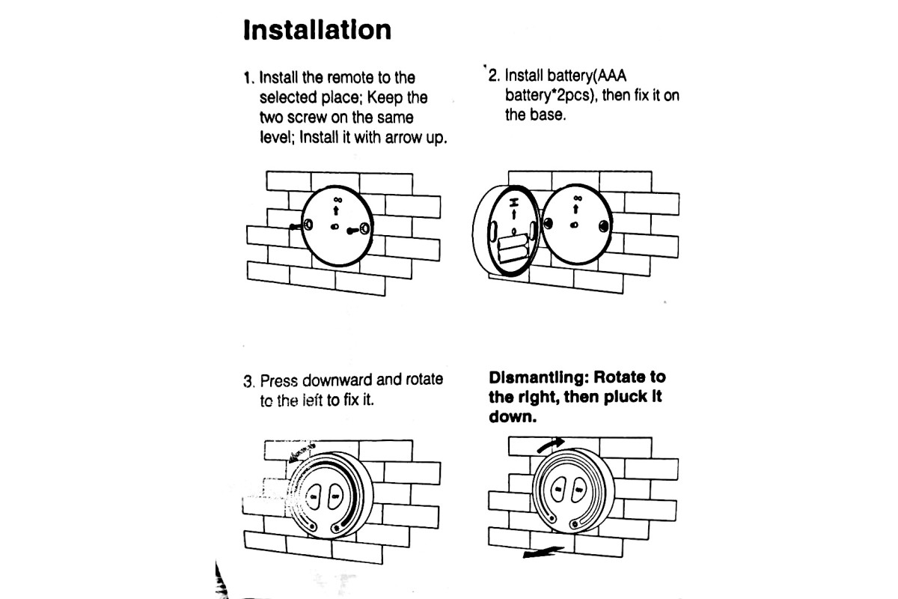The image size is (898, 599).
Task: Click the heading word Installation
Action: (317, 30)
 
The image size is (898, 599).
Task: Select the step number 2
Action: (493, 76)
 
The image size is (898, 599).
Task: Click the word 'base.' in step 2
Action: (535, 116)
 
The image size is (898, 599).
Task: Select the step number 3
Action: (248, 381)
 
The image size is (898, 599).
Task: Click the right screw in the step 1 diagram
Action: (363, 228)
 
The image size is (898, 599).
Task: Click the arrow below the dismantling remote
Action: (540, 553)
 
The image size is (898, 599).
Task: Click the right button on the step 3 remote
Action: (334, 494)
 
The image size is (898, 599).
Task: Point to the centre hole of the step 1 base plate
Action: (336, 227)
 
